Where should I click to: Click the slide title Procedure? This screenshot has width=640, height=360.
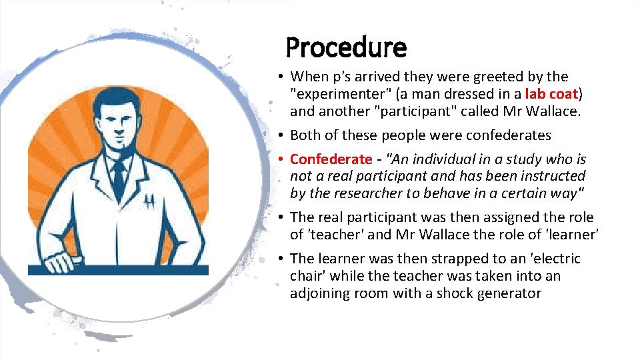click(345, 48)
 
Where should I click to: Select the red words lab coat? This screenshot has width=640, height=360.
click(553, 94)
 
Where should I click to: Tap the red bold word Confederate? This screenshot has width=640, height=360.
click(331, 159)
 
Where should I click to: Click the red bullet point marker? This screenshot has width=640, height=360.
click(283, 159)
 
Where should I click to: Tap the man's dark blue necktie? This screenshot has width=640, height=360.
click(119, 175)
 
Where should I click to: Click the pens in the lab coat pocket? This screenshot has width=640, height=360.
click(150, 200)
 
